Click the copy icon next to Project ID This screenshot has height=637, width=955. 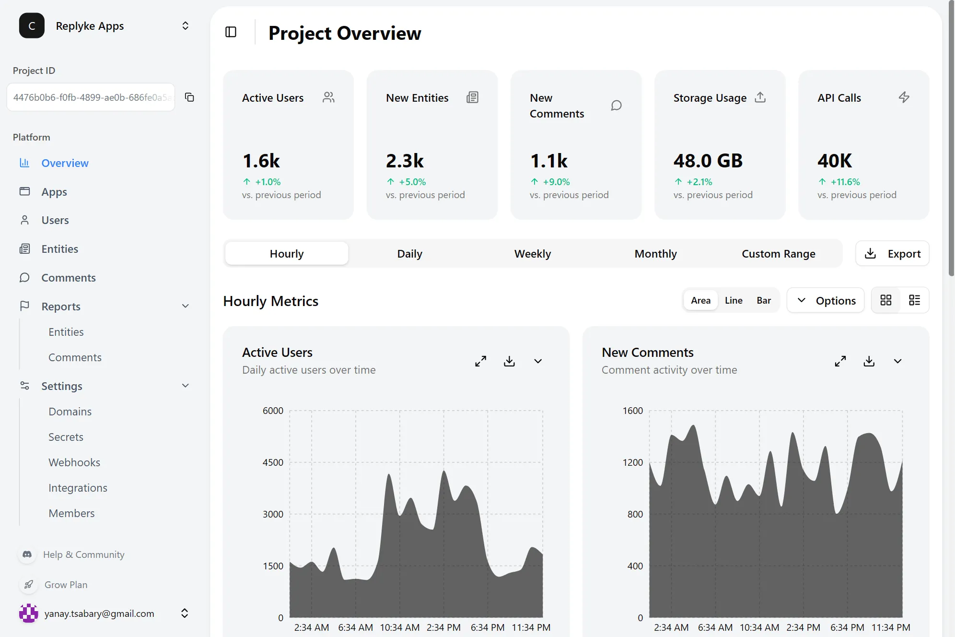pos(189,97)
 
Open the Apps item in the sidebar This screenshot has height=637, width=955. pos(54,192)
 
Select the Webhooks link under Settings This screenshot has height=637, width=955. pos(74,462)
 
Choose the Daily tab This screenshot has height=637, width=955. pos(409,254)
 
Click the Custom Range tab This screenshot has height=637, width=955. pos(778,254)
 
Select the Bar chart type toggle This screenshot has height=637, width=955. pos(764,300)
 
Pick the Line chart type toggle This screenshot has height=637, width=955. pos(734,300)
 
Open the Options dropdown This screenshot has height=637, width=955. pos(826,300)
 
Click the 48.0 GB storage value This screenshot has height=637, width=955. pos(708,161)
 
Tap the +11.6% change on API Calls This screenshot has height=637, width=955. pos(845,182)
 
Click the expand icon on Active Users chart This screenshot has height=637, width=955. pos(480,361)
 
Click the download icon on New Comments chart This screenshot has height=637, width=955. pos(869,361)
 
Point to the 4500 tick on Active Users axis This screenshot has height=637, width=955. pos(273,462)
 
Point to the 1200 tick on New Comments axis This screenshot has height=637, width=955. pos(632,462)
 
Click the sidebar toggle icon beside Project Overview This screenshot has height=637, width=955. pos(231,32)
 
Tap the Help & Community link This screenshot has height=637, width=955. pos(83,554)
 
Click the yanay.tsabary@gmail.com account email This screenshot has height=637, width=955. pos(99,613)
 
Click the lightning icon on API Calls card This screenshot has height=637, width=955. pos(904,97)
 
